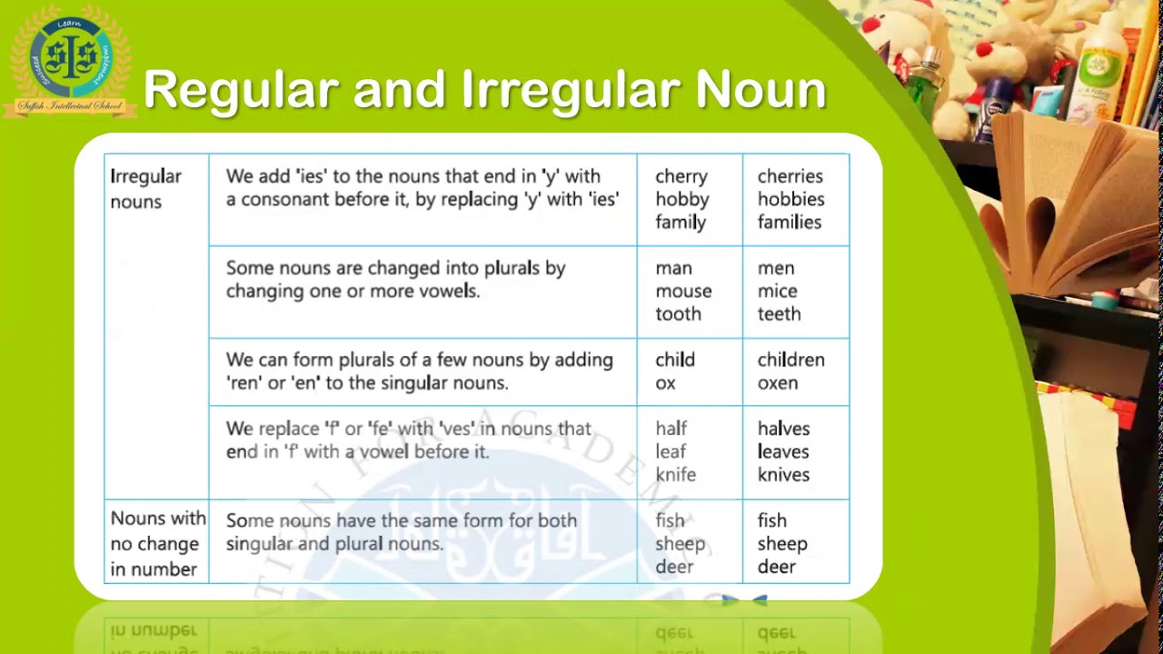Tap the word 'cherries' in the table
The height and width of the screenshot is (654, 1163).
pos(790,176)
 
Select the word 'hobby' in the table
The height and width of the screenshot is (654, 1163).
pos(681,199)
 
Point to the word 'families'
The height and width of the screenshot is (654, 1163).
pos(789,222)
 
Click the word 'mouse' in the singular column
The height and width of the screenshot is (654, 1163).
pos(683,291)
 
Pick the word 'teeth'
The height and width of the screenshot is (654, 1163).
pos(779,313)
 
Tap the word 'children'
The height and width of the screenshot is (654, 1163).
pos(790,360)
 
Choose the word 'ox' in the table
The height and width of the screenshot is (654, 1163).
pos(665,382)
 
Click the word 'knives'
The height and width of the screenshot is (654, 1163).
pos(782,474)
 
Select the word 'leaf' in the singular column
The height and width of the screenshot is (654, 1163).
pos(671,451)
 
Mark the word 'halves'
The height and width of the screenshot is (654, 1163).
pos(783,429)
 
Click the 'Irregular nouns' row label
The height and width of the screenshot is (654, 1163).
pos(145,188)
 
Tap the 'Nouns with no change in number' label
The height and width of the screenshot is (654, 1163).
pos(157,543)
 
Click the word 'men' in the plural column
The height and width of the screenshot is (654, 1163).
pos(775,268)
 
